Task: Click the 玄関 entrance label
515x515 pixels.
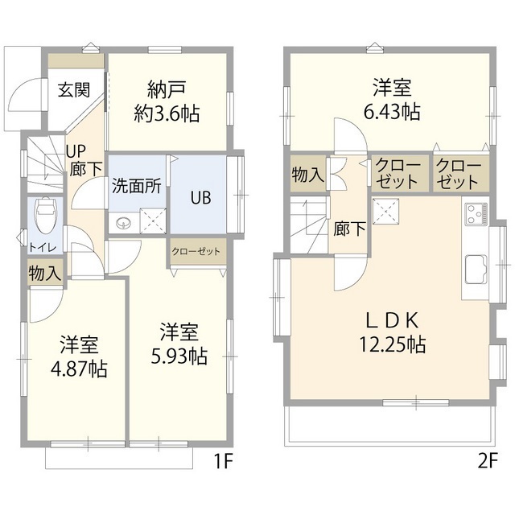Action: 73,89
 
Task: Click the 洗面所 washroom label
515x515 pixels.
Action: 136,183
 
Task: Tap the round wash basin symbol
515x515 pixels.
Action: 123,223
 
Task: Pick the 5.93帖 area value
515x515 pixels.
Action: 179,356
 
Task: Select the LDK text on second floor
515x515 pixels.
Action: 392,319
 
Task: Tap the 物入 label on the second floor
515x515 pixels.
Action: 307,174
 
